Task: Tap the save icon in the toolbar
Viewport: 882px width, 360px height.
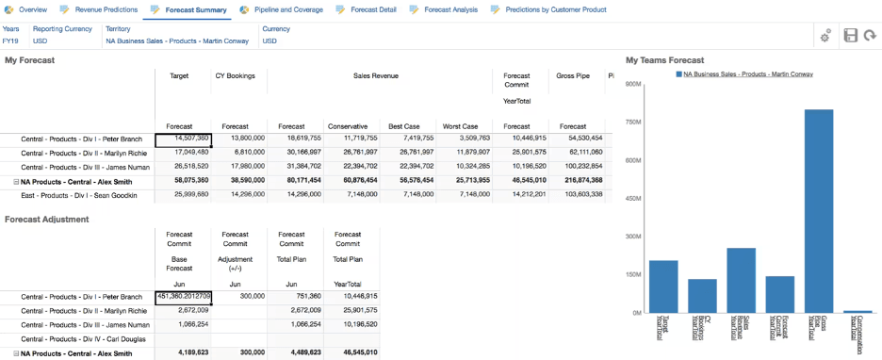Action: [850, 35]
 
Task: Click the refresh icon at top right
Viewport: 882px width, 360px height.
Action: [869, 35]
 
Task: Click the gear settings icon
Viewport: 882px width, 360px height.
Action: [825, 35]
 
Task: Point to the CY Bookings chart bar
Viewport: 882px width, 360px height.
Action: [702, 295]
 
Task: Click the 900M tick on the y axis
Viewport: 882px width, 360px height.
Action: [633, 84]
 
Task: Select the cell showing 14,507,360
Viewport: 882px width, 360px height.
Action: [183, 138]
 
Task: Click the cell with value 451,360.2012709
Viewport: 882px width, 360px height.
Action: [183, 296]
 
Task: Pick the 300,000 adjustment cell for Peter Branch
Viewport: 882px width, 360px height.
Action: [237, 296]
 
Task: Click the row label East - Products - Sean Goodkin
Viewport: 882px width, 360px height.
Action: [79, 195]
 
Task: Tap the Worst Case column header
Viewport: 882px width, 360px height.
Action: [459, 125]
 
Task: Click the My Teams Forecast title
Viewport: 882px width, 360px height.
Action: [664, 59]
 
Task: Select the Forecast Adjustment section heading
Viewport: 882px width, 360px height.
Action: [47, 219]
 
